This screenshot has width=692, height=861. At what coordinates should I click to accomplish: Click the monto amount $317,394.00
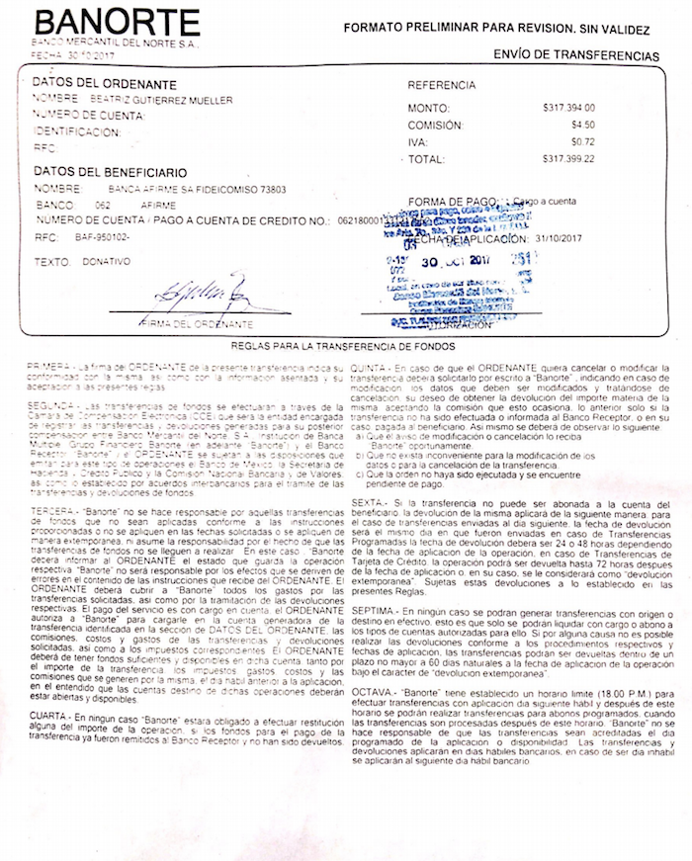click(x=568, y=107)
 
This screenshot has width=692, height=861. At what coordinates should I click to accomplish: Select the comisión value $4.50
click(x=582, y=125)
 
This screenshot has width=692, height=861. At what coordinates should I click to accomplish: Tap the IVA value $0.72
click(x=582, y=141)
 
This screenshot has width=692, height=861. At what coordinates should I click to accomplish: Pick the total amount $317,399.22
click(x=568, y=158)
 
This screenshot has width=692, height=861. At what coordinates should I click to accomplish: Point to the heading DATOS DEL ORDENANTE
click(x=104, y=84)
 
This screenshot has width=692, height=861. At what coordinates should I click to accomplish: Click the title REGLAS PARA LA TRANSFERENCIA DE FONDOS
click(x=342, y=347)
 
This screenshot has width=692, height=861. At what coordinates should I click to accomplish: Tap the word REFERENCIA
click(x=442, y=86)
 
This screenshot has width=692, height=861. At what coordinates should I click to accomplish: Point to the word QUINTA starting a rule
click(x=368, y=367)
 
